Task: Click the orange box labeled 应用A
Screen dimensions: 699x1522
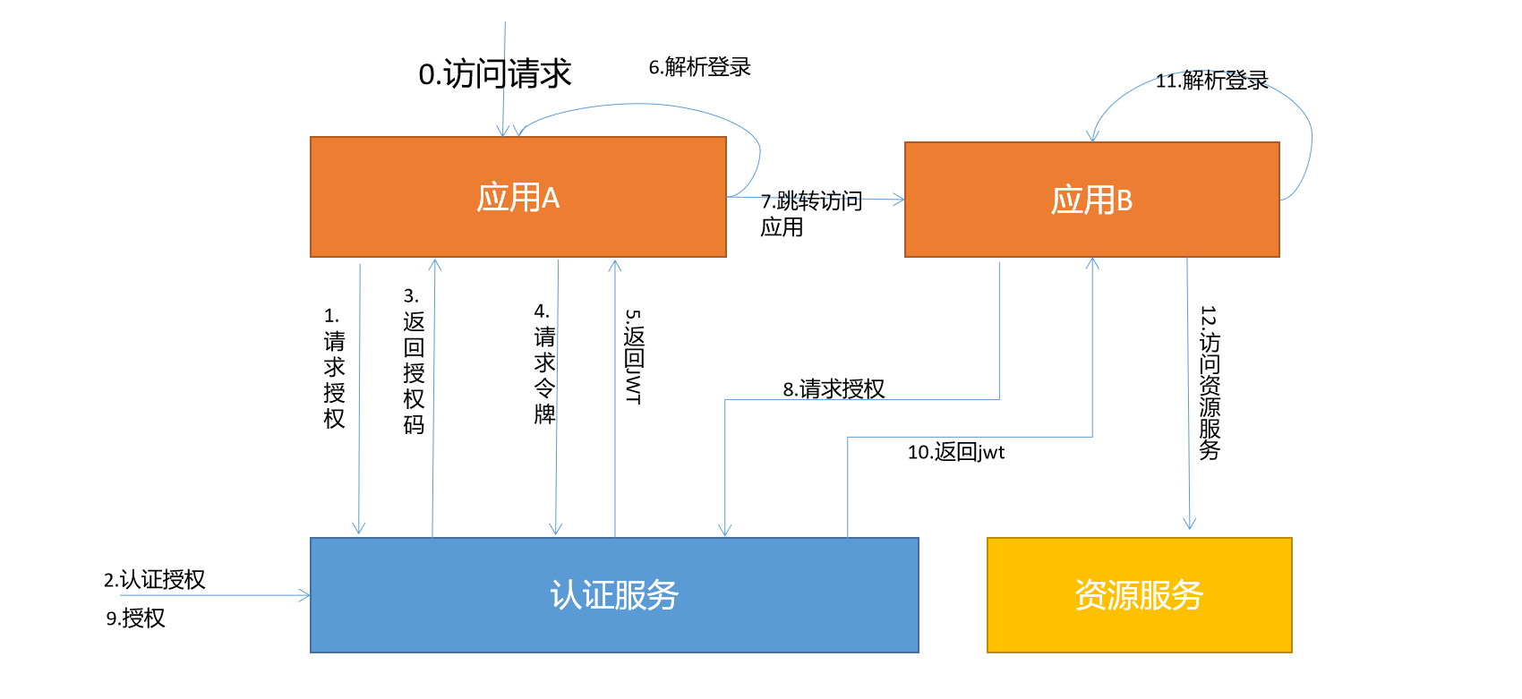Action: pyautogui.click(x=517, y=197)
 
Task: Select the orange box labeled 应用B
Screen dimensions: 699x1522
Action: pyautogui.click(x=1091, y=200)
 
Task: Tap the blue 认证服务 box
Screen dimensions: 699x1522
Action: pyautogui.click(x=614, y=594)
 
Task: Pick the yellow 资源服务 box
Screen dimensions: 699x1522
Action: pyautogui.click(x=1139, y=594)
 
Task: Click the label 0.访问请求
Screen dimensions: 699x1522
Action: pyautogui.click(x=494, y=73)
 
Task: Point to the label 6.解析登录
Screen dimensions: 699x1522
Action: pyautogui.click(x=699, y=67)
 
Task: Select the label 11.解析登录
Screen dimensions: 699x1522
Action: pyautogui.click(x=1211, y=81)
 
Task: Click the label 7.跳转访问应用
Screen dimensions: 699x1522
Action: pyautogui.click(x=810, y=213)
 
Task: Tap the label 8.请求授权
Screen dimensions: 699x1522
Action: pyautogui.click(x=834, y=388)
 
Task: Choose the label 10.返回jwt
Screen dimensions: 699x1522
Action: pyautogui.click(x=955, y=452)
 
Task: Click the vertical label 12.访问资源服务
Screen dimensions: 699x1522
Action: pyautogui.click(x=1210, y=383)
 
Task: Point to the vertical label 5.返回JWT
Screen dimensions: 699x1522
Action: pyautogui.click(x=634, y=356)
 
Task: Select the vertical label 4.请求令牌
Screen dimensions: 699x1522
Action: pyautogui.click(x=544, y=363)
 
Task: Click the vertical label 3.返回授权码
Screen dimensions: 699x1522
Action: pyautogui.click(x=413, y=361)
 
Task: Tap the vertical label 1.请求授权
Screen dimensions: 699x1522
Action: pyautogui.click(x=334, y=368)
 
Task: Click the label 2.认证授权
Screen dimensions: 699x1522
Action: pyautogui.click(x=154, y=579)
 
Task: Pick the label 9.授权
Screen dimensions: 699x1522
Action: pyautogui.click(x=135, y=618)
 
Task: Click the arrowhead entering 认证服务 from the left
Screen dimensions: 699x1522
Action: pyautogui.click(x=305, y=595)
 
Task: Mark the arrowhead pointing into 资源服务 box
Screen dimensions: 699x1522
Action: pyautogui.click(x=1189, y=524)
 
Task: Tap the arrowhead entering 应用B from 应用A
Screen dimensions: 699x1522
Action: pyautogui.click(x=899, y=200)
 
